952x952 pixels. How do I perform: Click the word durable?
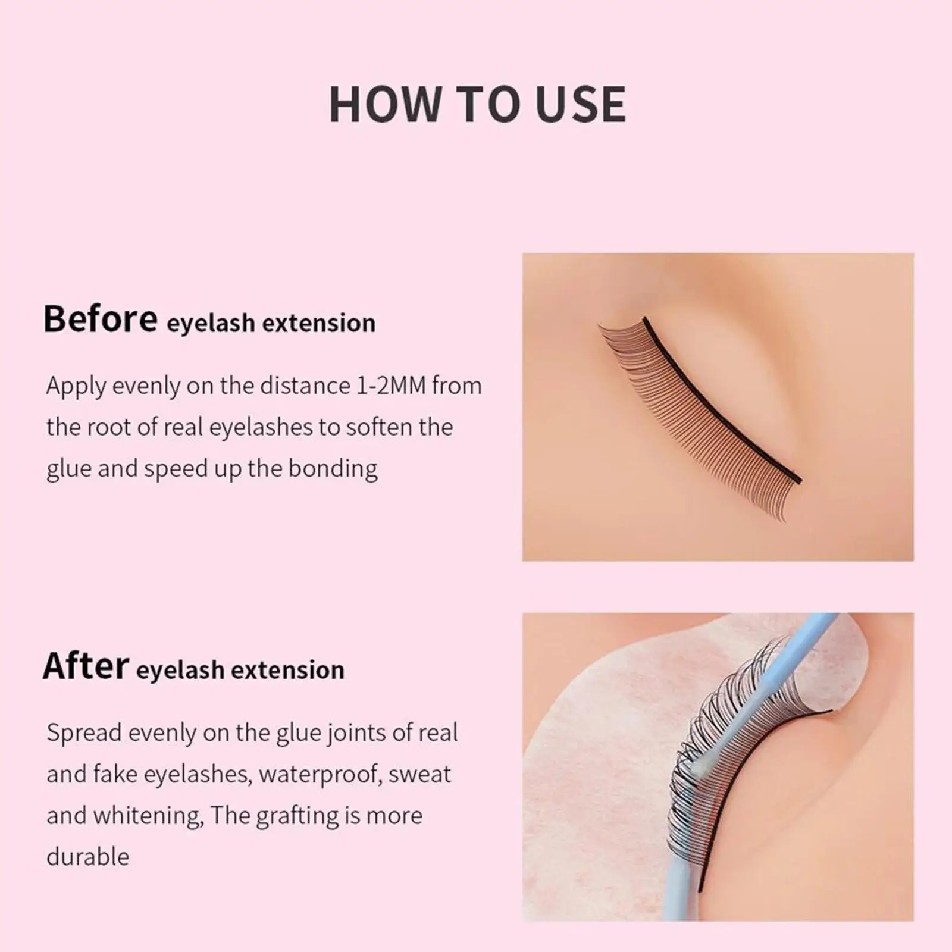(x=87, y=857)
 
